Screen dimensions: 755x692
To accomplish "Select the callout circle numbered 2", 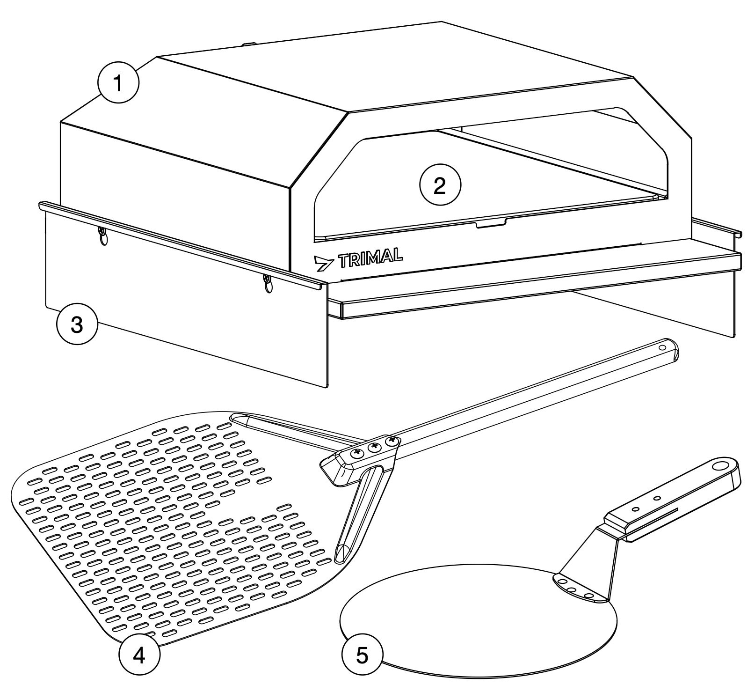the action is tap(440, 186).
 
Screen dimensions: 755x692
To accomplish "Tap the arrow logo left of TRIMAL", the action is tap(324, 264).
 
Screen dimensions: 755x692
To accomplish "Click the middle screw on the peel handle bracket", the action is tap(374, 449).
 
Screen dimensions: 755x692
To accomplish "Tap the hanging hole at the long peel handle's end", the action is tap(662, 348).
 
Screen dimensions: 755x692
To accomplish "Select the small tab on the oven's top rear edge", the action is tap(249, 44).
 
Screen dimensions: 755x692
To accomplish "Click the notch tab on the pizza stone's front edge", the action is tap(491, 223).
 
